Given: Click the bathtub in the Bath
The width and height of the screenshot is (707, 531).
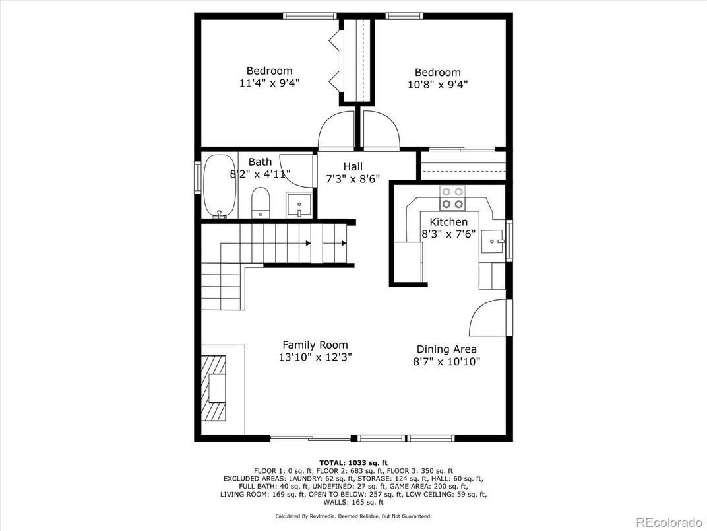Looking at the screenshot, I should (218, 186).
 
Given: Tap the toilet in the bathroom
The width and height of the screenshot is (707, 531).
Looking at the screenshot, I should (261, 202).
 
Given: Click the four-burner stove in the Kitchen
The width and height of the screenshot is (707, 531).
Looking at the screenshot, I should (452, 197).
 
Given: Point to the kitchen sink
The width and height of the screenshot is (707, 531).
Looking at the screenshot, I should (492, 242).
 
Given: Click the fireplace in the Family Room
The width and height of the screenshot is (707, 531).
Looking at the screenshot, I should (214, 387).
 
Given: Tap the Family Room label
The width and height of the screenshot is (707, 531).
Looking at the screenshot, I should (315, 345).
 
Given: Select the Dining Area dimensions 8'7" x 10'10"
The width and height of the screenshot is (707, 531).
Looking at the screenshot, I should (446, 361).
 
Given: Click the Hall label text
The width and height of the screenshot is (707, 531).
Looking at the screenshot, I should (353, 167).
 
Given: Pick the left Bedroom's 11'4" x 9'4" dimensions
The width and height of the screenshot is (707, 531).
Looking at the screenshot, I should (269, 83).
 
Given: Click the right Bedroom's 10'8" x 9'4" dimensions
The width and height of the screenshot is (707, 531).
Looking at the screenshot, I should (437, 85).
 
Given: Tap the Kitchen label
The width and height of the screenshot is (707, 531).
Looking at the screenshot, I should (448, 222).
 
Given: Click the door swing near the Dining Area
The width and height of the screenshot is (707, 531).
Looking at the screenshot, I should (489, 318).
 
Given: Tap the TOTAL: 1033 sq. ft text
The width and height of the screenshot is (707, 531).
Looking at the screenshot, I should (353, 462).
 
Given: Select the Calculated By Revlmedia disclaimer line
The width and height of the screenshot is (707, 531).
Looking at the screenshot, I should (353, 516).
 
